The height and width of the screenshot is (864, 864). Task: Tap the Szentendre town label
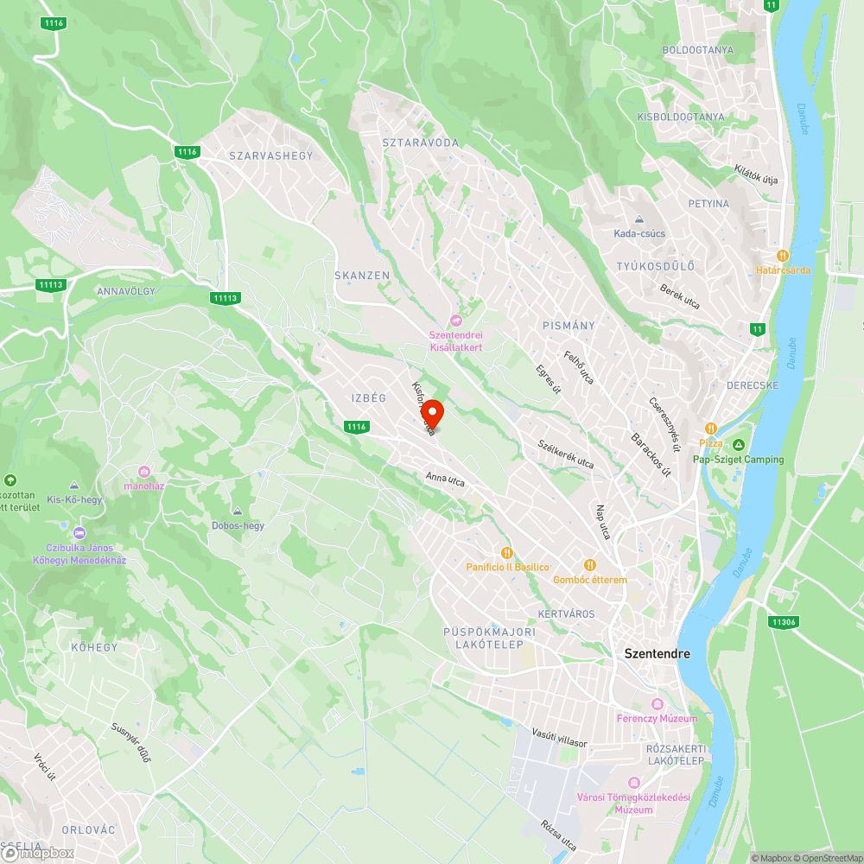click(x=658, y=654)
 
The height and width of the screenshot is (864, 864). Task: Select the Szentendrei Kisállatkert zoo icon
click(x=456, y=321)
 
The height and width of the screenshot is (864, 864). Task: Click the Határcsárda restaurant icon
click(x=783, y=256)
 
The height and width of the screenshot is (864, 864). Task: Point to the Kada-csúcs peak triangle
click(x=638, y=219)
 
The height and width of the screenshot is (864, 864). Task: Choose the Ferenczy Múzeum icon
click(x=657, y=704)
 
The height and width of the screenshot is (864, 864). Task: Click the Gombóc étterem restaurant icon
click(x=590, y=565)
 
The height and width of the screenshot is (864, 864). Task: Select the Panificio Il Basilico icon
click(x=507, y=552)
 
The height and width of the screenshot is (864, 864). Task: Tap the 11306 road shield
click(x=783, y=621)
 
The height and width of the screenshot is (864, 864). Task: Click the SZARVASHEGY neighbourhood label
click(x=270, y=156)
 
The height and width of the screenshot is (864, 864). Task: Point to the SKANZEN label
click(x=362, y=276)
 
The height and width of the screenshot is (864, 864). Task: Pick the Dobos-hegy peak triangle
click(x=238, y=511)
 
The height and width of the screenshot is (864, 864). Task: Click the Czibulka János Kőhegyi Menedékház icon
click(x=80, y=533)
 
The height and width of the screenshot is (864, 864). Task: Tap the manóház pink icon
click(x=143, y=471)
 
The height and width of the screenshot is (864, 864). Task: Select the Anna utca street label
click(x=445, y=479)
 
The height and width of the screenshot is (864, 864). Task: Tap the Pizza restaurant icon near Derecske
click(x=710, y=429)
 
